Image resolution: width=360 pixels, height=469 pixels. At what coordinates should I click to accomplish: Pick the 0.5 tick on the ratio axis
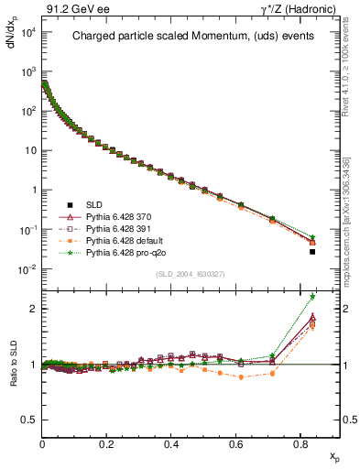click(x=28, y=420)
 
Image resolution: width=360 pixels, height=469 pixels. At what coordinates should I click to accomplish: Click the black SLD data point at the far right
click(x=312, y=252)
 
